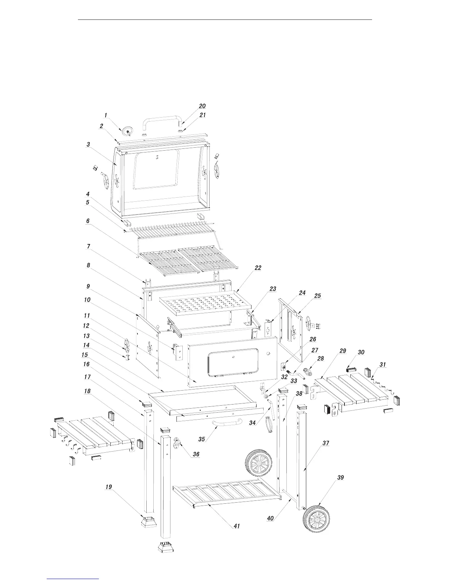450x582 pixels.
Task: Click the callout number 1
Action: coord(106,115)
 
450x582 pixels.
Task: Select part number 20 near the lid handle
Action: coord(202,106)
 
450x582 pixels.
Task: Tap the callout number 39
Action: coord(340,477)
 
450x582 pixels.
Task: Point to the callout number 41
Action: coord(236,526)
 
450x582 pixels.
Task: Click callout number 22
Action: coord(258,268)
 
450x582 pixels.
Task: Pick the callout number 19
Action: coord(108,487)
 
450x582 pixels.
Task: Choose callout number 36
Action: coord(196,454)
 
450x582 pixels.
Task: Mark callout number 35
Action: coord(201,439)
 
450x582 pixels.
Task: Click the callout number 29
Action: coord(343,351)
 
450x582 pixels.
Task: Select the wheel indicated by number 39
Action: coord(317,520)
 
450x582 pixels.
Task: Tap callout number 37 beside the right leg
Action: coord(326,443)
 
